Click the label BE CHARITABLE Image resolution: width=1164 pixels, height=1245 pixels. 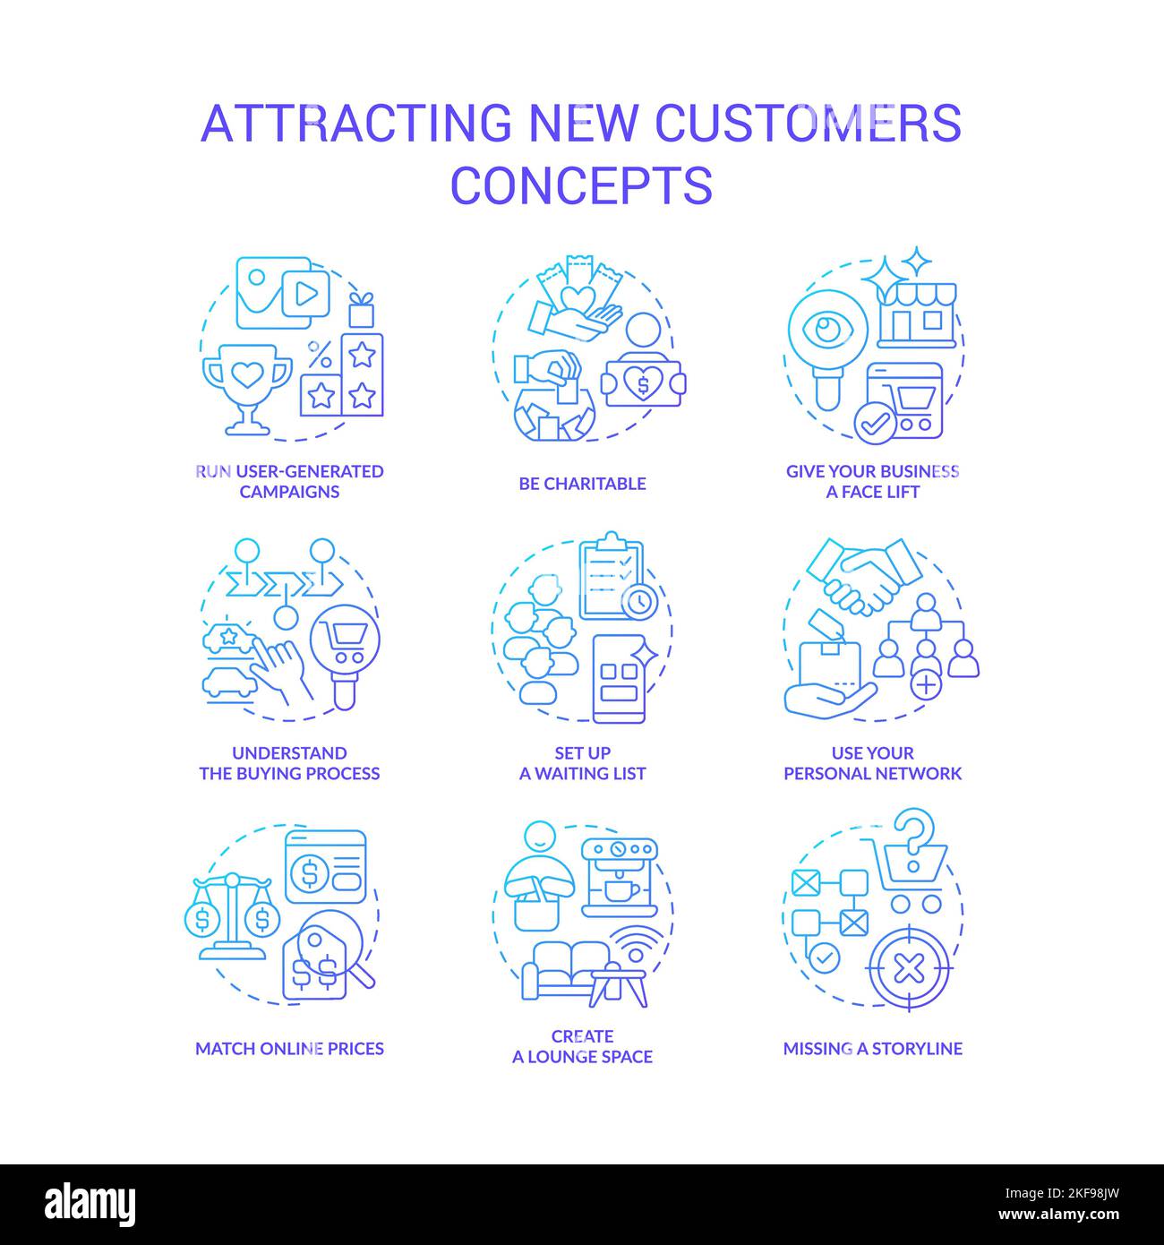pyautogui.click(x=582, y=484)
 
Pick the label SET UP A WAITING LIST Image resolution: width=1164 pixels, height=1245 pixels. pyautogui.click(x=582, y=763)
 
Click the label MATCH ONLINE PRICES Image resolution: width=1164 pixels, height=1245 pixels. pyautogui.click(x=289, y=1048)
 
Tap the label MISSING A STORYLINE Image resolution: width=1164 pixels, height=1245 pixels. pyautogui.click(x=872, y=1048)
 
